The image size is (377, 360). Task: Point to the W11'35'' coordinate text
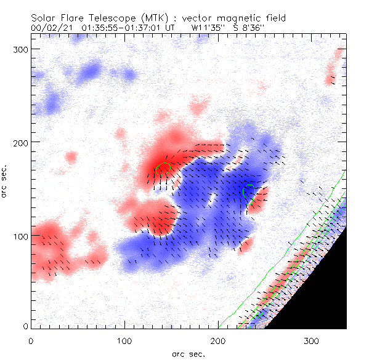207,27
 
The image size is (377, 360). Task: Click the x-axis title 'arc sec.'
187,354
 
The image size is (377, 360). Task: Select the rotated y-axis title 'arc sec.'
5,182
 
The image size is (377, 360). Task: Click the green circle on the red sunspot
163,168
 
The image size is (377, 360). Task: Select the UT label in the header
171,27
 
